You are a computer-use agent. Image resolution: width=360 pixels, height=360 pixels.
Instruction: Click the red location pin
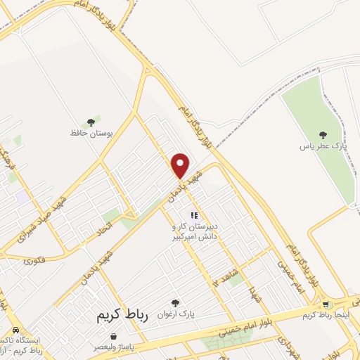[181, 165]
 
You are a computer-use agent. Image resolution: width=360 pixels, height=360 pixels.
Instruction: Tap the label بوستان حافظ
[91, 132]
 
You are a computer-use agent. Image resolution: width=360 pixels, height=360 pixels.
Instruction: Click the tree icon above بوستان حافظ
[91, 122]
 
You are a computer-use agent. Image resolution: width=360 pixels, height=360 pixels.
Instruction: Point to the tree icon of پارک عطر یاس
[323, 135]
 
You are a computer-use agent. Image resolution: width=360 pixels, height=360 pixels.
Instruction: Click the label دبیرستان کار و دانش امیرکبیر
[192, 233]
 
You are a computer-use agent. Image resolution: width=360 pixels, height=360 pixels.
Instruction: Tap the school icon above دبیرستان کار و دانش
[194, 215]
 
